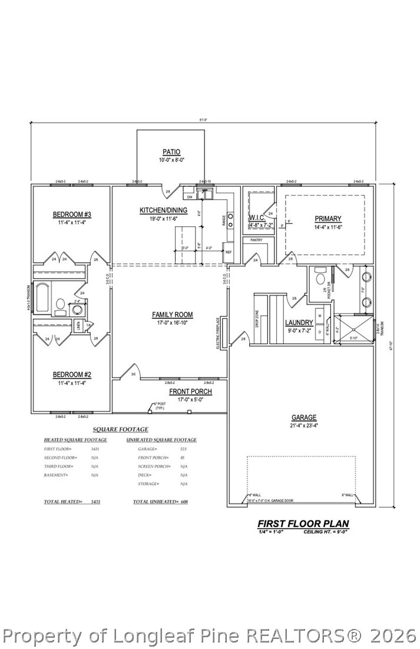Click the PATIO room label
point(171,152)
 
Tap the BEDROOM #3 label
point(72,214)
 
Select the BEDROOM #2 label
point(72,374)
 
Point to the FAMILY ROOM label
point(172,315)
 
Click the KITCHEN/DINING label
point(163,210)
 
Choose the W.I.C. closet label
point(259,217)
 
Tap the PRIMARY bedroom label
point(328,219)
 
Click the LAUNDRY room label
point(299,322)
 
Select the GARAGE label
point(304,417)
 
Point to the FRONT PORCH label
point(190,391)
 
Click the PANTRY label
point(256,240)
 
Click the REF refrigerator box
point(229,252)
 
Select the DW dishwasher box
point(190,197)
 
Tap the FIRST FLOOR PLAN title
point(303,523)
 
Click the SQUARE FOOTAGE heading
point(120,430)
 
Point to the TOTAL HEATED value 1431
point(95,501)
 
